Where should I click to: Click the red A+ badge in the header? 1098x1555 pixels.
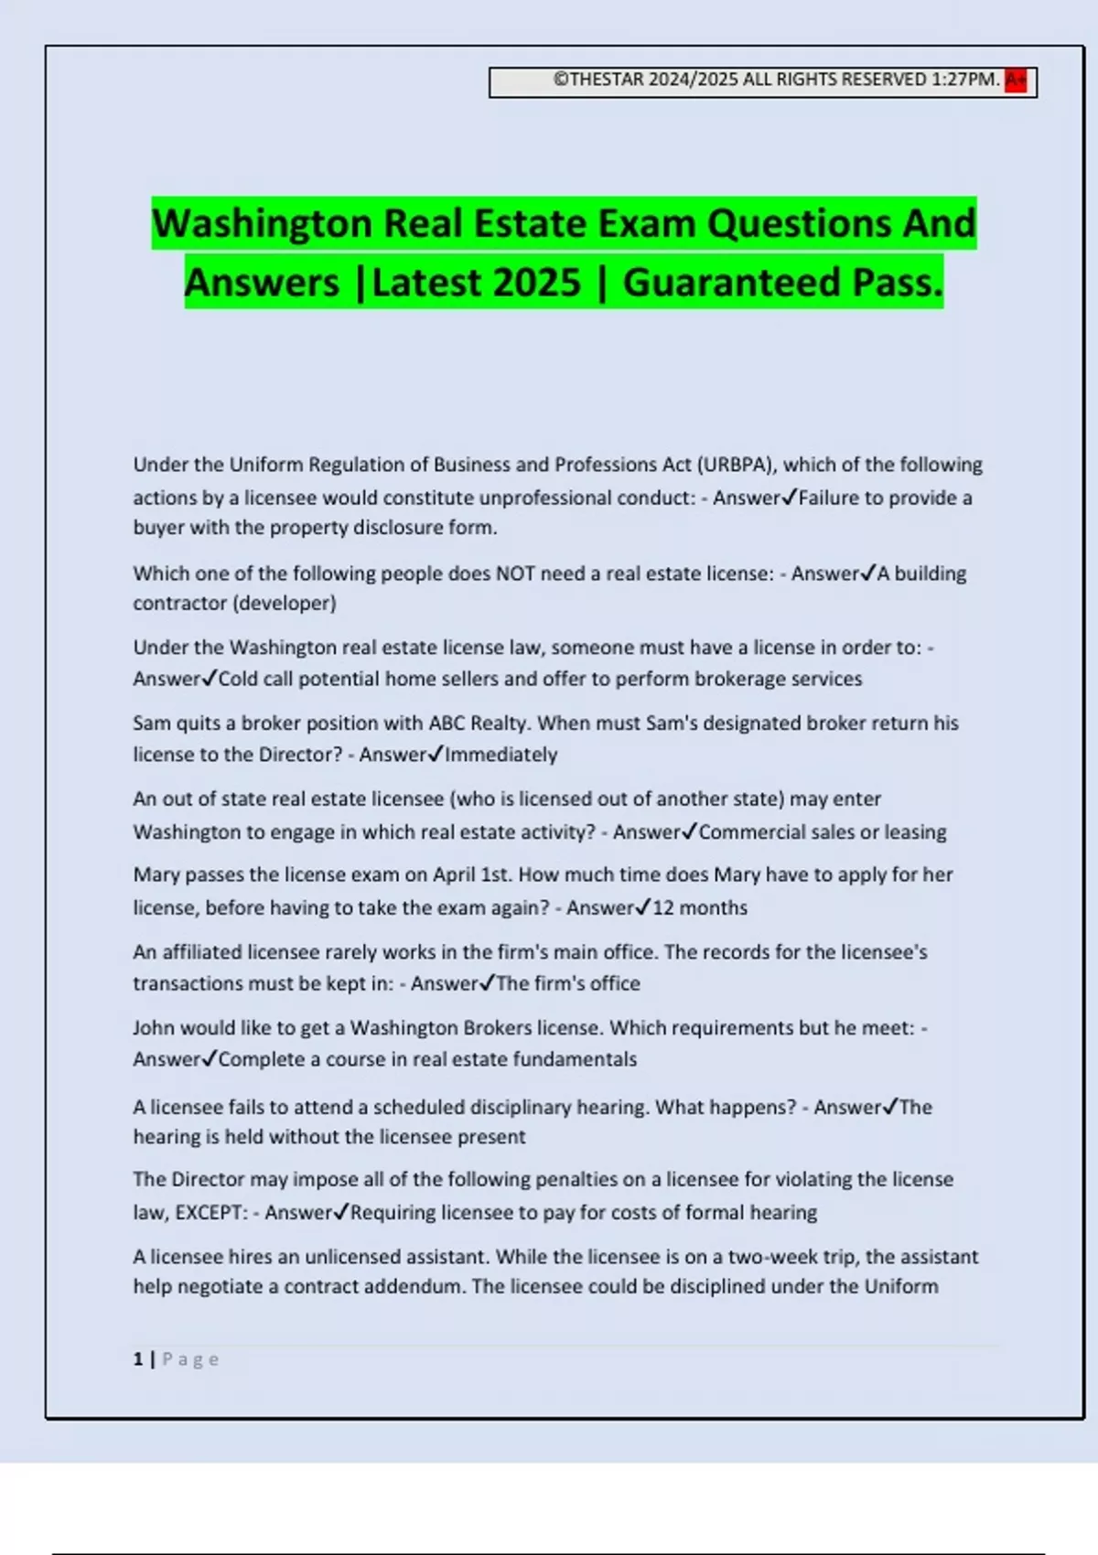pyautogui.click(x=1015, y=80)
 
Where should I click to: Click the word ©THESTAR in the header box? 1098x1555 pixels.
pyautogui.click(x=598, y=80)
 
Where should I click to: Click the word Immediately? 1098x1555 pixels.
pyautogui.click(x=501, y=755)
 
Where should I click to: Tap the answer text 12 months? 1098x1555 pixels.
pyautogui.click(x=699, y=907)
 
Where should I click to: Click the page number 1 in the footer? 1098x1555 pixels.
pyautogui.click(x=138, y=1359)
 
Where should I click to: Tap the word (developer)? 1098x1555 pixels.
pyautogui.click(x=285, y=604)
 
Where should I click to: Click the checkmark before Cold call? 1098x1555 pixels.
pyautogui.click(x=209, y=678)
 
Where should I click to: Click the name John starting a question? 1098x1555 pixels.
pyautogui.click(x=153, y=1028)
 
